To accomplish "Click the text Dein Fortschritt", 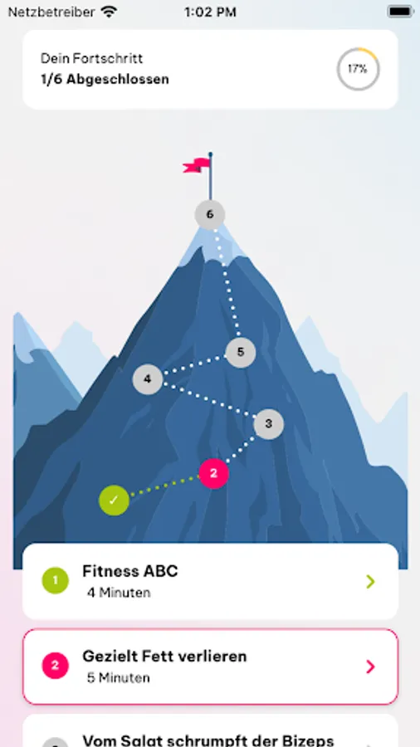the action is pyautogui.click(x=91, y=59).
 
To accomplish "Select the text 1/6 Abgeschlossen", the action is pyautogui.click(x=105, y=79).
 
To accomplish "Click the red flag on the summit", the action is pyautogui.click(x=196, y=165).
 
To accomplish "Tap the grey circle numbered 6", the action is pyautogui.click(x=209, y=215).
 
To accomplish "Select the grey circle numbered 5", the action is pyautogui.click(x=241, y=353).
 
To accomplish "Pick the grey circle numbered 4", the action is pyautogui.click(x=148, y=379).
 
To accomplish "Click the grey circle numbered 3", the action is pyautogui.click(x=269, y=424).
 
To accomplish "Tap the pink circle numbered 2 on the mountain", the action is pyautogui.click(x=214, y=474).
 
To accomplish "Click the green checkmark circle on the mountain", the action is pyautogui.click(x=114, y=500).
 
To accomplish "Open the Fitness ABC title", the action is pyautogui.click(x=130, y=571).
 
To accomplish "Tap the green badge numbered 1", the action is pyautogui.click(x=56, y=581).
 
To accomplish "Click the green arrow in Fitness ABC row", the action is pyautogui.click(x=370, y=581).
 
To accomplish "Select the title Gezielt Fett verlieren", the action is pyautogui.click(x=164, y=656).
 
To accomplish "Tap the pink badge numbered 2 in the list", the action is pyautogui.click(x=56, y=666).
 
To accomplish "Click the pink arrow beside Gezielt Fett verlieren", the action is pyautogui.click(x=370, y=666).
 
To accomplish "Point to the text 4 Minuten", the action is pyautogui.click(x=119, y=593).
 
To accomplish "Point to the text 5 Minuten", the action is pyautogui.click(x=119, y=678).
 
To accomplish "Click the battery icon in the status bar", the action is pyautogui.click(x=400, y=12).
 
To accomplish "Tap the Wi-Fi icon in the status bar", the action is pyautogui.click(x=110, y=12).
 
